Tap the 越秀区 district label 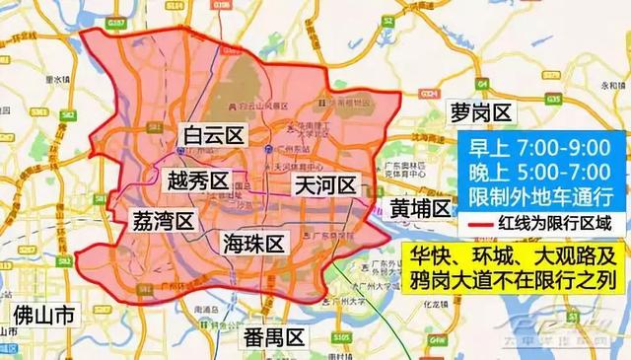tap(197, 181)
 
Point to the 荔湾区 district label tap(162, 219)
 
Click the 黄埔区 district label tap(419, 208)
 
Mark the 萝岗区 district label tap(480, 109)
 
